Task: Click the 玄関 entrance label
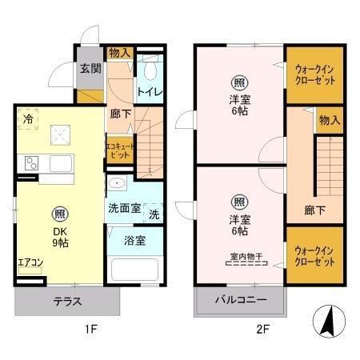pos(89,68)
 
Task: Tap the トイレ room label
pos(150,91)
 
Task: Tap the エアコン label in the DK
pos(31,262)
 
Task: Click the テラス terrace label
pos(67,302)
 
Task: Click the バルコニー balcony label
pos(241,302)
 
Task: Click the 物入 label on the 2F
pos(330,120)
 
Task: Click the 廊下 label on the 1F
pos(120,114)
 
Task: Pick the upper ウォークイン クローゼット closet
pos(315,74)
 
